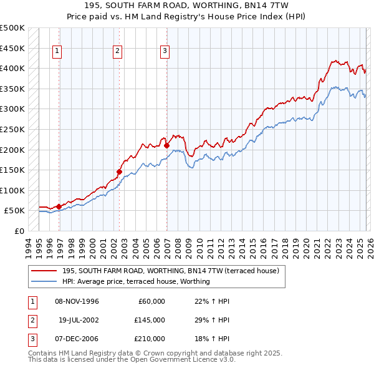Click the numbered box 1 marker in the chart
(57, 51)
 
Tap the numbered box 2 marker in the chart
(117, 51)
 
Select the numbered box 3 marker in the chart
(165, 51)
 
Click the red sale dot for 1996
(59, 206)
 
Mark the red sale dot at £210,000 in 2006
(167, 145)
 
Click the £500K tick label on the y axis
(12, 28)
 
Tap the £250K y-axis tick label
(12, 129)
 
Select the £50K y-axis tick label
(15, 211)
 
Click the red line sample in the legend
(44, 271)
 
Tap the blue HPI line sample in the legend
(44, 281)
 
